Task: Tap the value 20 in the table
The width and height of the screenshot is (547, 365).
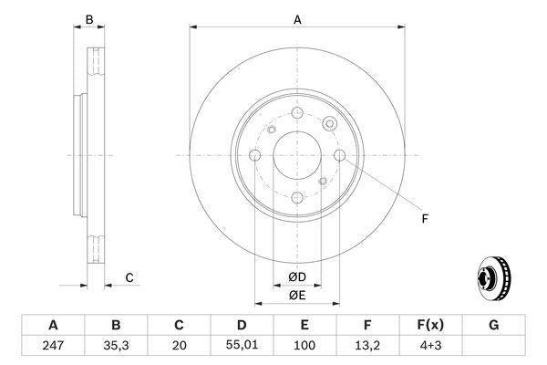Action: pos(179,347)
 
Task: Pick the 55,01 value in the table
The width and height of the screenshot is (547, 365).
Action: pos(242,347)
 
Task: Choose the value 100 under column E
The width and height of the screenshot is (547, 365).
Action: pos(304,347)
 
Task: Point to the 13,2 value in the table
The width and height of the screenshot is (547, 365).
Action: pos(367,347)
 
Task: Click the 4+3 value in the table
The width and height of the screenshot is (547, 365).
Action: pos(430,347)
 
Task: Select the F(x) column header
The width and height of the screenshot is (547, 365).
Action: pos(430,325)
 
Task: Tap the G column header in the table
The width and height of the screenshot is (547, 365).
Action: pos(493,325)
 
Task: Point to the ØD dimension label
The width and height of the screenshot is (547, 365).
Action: pos(297,276)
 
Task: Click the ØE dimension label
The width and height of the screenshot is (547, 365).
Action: pos(297,295)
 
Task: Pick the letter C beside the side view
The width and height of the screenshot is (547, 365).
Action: pos(129,276)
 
